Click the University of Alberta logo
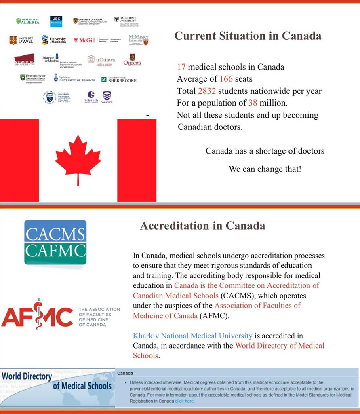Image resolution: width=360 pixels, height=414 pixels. point(28,21)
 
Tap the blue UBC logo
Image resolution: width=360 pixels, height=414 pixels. point(56,21)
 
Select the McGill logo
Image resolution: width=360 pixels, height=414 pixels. point(84,40)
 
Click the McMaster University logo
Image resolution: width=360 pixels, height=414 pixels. point(139,39)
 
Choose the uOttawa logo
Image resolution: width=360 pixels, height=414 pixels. point(101,60)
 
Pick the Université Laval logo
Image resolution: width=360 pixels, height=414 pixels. point(21,40)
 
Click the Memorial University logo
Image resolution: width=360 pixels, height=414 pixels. point(24,60)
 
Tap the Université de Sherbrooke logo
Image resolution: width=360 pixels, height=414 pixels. point(119,80)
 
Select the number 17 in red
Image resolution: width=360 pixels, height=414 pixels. point(181,67)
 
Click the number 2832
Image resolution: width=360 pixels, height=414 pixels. point(207,91)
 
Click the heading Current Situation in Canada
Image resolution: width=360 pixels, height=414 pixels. point(248,36)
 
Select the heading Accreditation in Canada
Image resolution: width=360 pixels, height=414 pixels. point(202,226)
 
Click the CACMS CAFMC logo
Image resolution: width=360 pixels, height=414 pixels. point(55,242)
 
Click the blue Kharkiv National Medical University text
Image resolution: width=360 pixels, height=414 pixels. point(193,336)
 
